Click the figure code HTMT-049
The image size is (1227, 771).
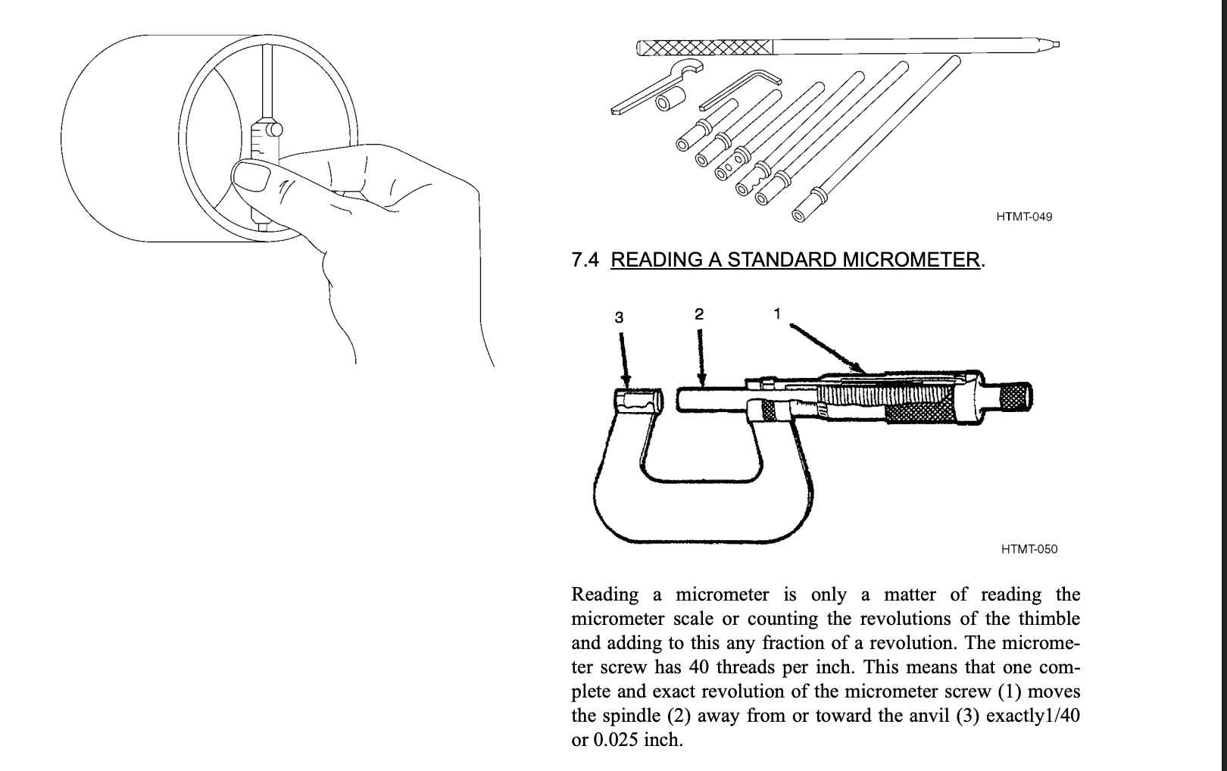click(1024, 217)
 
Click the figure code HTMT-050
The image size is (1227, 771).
click(1029, 549)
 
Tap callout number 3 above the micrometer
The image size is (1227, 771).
click(619, 317)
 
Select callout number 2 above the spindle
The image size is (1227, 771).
click(699, 314)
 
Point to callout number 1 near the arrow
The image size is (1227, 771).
click(776, 312)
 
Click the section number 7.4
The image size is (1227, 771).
click(585, 260)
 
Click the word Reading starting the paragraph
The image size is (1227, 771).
click(604, 595)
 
